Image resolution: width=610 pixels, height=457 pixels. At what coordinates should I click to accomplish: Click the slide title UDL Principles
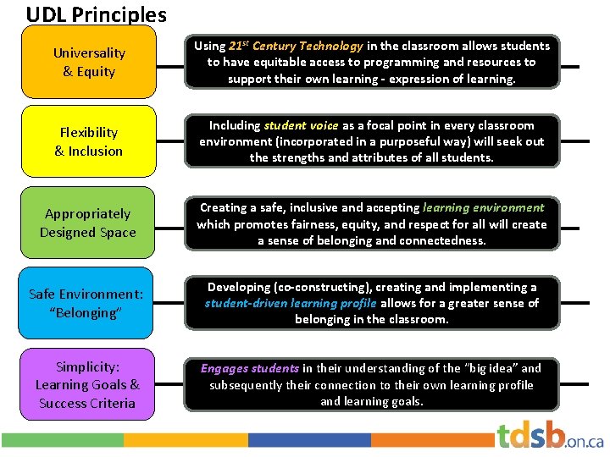[x=96, y=14]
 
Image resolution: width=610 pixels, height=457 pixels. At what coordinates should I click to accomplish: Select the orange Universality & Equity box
[x=88, y=62]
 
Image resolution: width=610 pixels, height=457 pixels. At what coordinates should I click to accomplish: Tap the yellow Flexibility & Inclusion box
[x=88, y=141]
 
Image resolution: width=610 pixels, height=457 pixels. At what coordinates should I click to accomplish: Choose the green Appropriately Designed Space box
[x=88, y=223]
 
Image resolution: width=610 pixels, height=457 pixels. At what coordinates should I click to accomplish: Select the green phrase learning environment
[x=484, y=207]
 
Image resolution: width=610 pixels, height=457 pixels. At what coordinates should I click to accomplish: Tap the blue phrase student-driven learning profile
[x=291, y=303]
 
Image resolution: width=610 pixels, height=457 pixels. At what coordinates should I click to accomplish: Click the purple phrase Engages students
[x=249, y=368]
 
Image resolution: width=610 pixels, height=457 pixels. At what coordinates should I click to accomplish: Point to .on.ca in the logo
[x=585, y=441]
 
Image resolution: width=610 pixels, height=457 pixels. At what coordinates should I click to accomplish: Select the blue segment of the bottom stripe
[x=310, y=440]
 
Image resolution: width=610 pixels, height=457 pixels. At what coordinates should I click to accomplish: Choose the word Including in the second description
[x=235, y=125]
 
